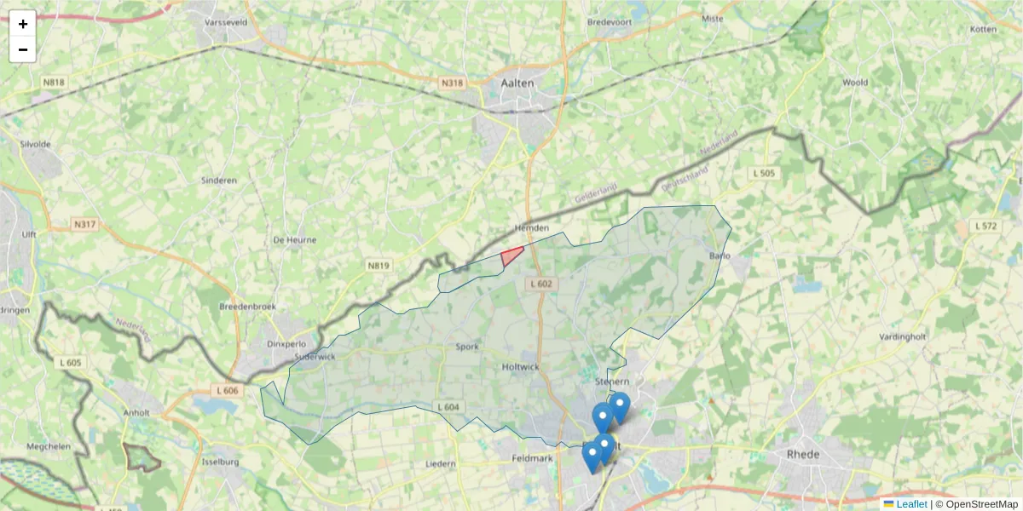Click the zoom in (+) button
coord(22,24)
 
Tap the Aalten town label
coord(517,83)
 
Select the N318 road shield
coord(453,83)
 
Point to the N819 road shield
coord(379,266)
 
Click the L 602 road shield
coord(540,284)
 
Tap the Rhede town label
coord(803,454)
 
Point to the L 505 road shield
coord(763,173)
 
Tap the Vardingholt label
coord(903,337)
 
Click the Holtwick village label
coord(520,367)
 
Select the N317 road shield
coord(84,225)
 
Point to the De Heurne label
coord(294,240)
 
